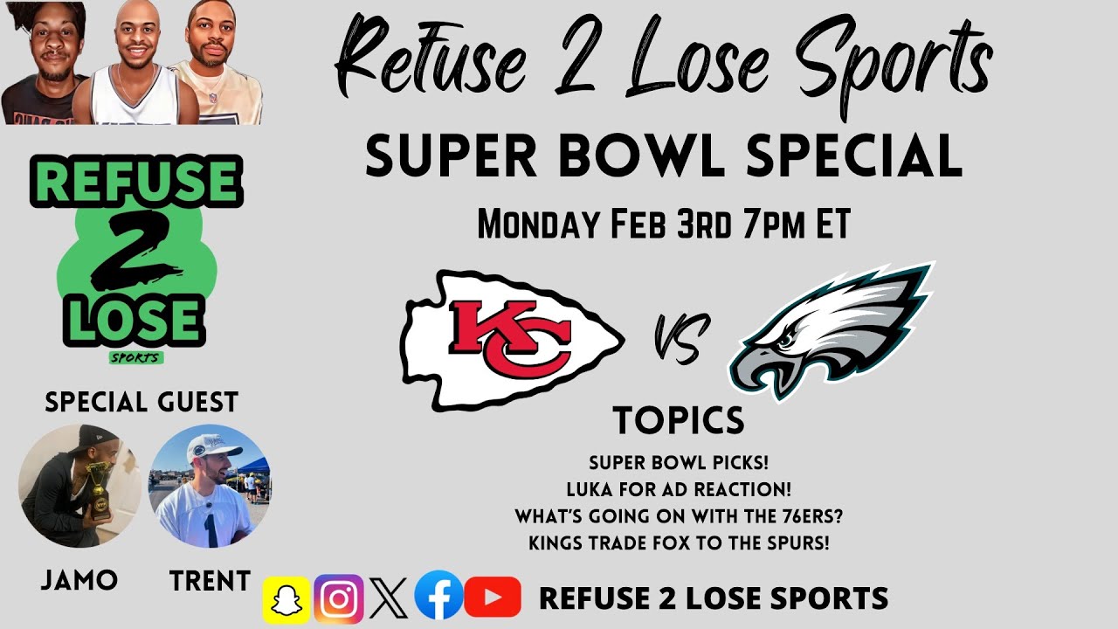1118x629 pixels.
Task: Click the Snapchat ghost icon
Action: [x=286, y=598]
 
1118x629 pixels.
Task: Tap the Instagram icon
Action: [x=339, y=598]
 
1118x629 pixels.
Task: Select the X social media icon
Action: [x=389, y=598]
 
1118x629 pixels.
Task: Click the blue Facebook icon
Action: [x=438, y=597]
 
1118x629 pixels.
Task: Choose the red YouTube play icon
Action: [x=493, y=598]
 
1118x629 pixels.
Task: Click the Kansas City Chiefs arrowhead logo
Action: [x=512, y=341]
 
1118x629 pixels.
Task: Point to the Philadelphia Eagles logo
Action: [x=830, y=330]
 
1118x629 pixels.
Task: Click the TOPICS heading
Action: [x=679, y=421]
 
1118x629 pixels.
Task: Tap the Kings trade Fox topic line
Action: [x=679, y=543]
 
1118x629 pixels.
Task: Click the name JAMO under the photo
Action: [x=79, y=580]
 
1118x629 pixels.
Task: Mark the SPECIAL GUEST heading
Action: [x=141, y=403]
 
